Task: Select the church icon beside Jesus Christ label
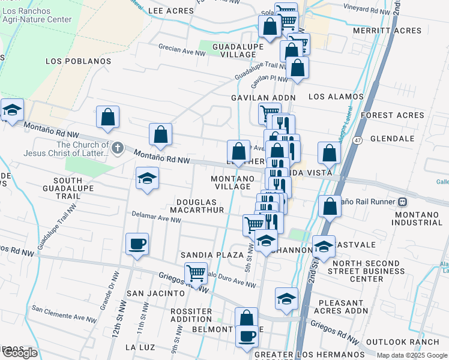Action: pos(118,146)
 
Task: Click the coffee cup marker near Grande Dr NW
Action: pos(137,244)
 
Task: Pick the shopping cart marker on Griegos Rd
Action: pos(196,274)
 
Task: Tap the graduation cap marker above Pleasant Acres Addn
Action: pos(287,299)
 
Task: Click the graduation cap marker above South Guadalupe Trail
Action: pos(148,178)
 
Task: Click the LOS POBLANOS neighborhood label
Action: pos(79,61)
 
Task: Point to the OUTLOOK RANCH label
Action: pos(394,341)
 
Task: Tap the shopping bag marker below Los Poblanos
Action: pos(107,118)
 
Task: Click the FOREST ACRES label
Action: pos(393,115)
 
